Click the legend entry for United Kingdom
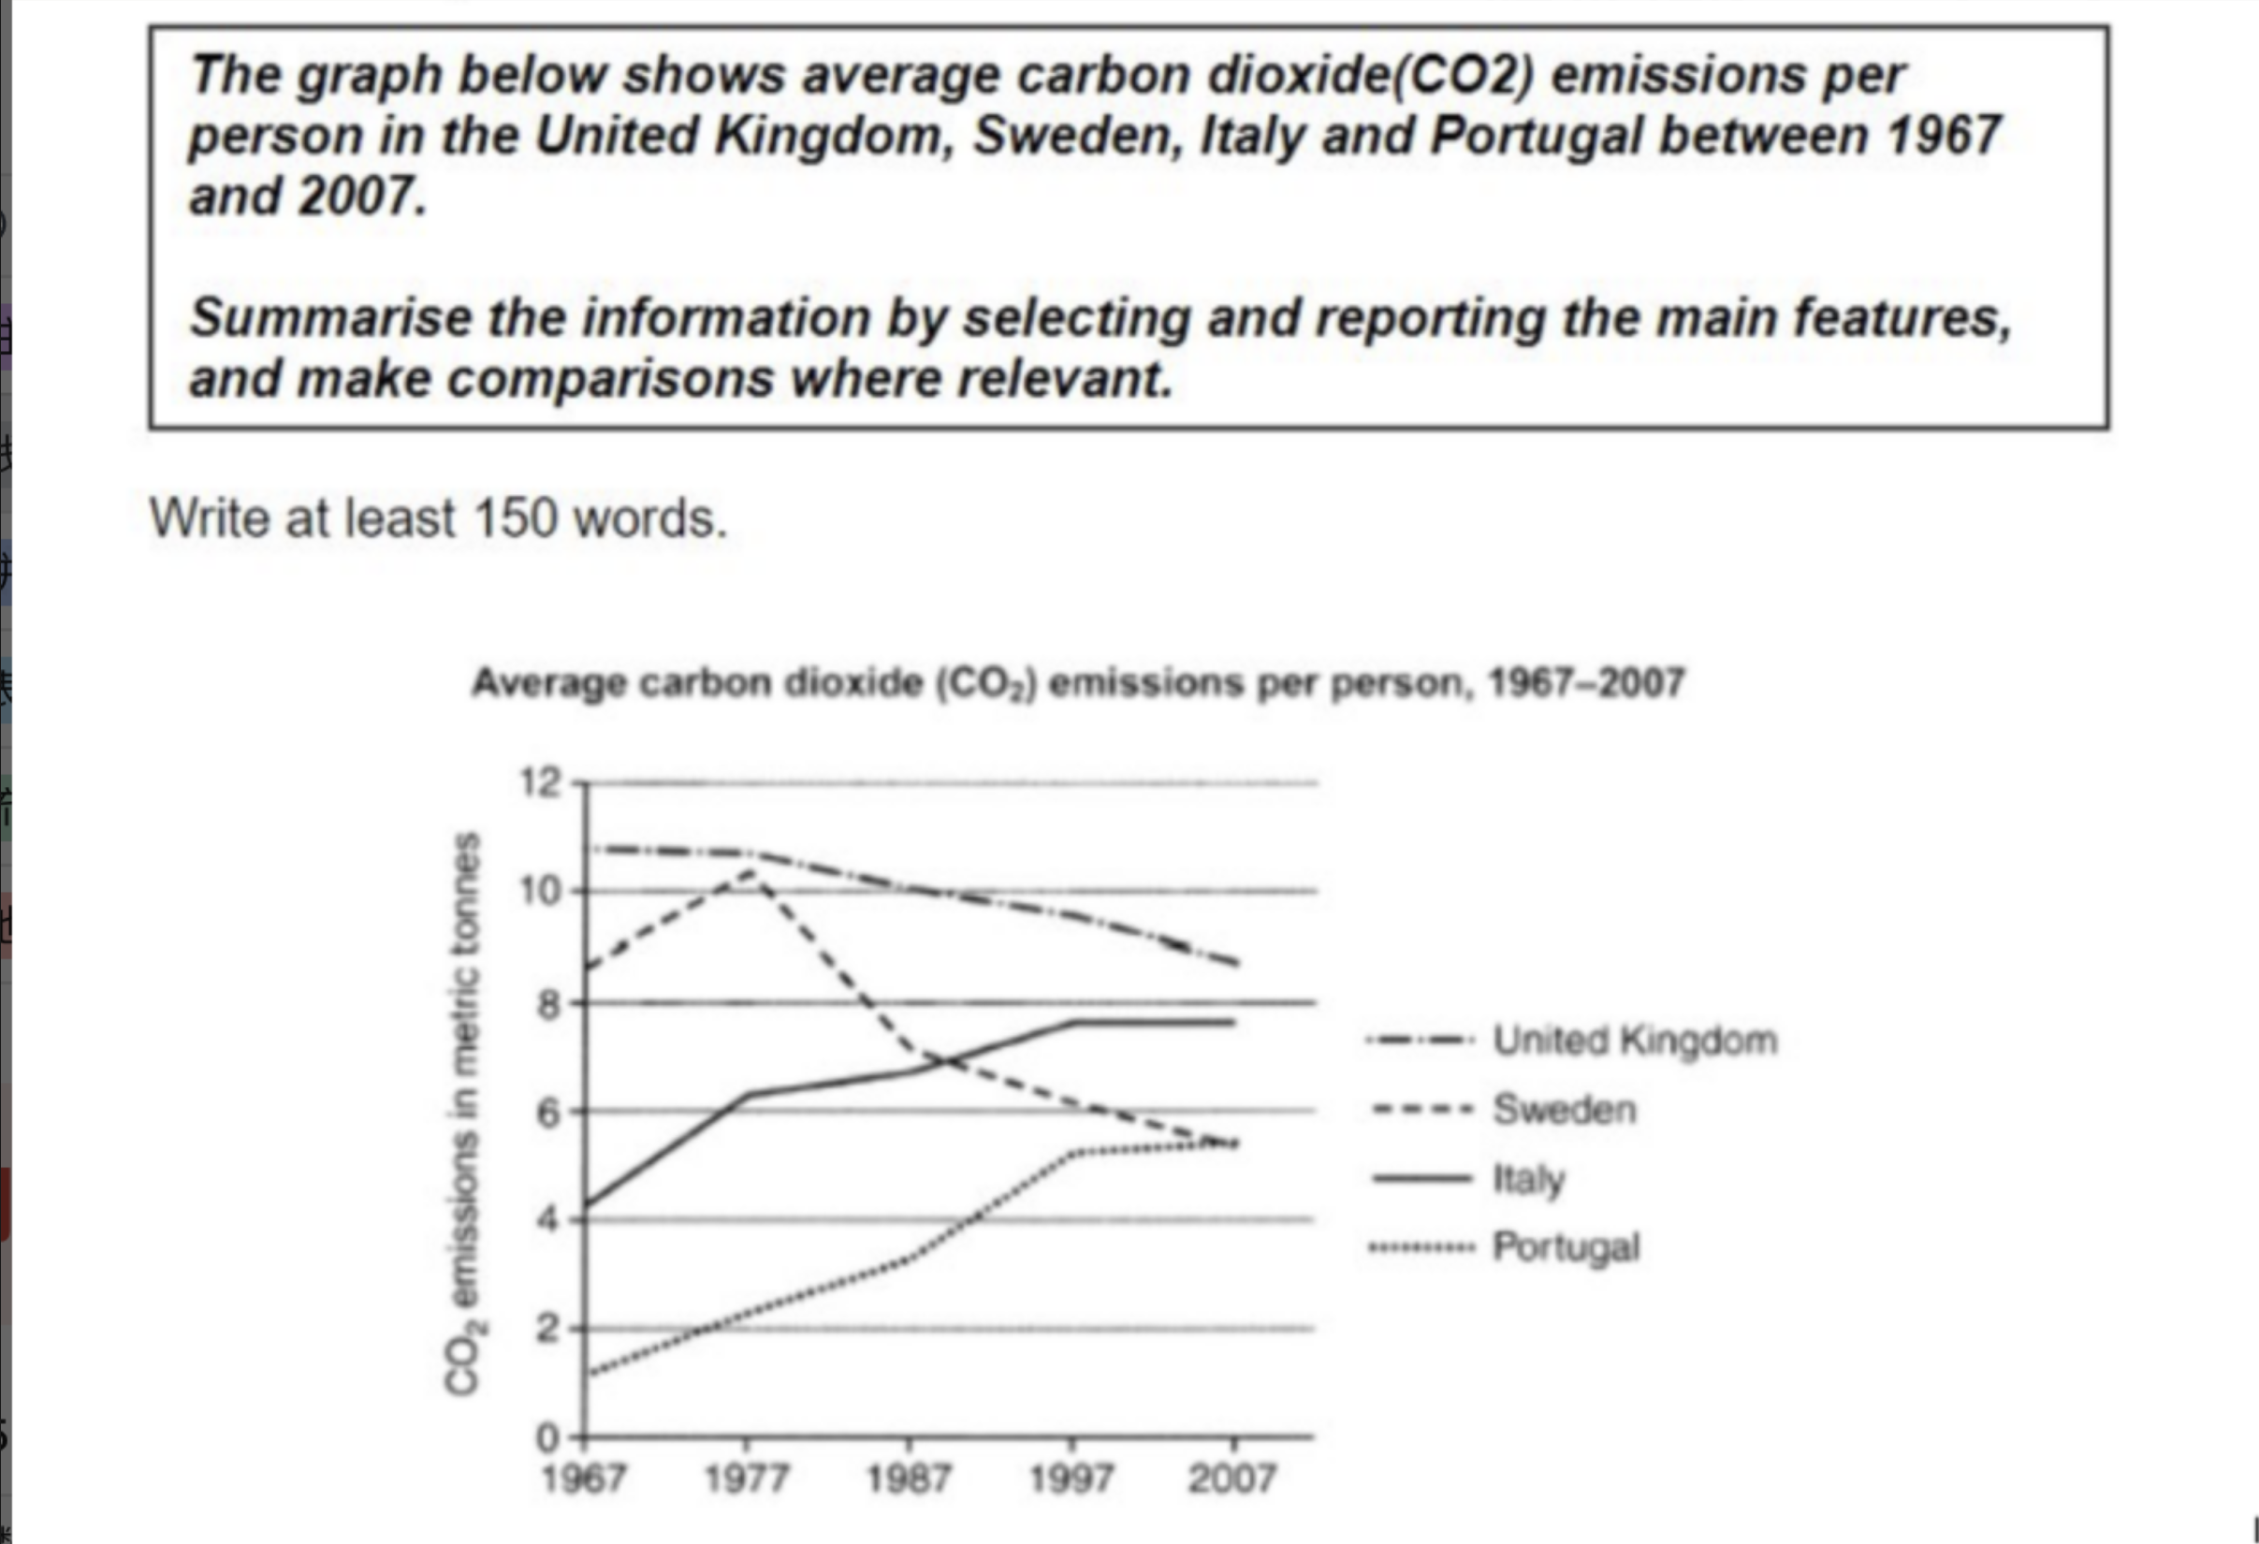1635,1041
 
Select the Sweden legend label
1564,1110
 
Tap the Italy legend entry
1528,1179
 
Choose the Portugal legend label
1566,1247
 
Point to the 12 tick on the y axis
541,781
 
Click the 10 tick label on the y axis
541,891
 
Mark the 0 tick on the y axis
549,1436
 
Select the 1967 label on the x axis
583,1478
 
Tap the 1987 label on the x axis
908,1478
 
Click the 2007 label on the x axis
1232,1478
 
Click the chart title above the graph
1077,682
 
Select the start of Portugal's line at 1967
589,1373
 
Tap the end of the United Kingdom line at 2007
1235,964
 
